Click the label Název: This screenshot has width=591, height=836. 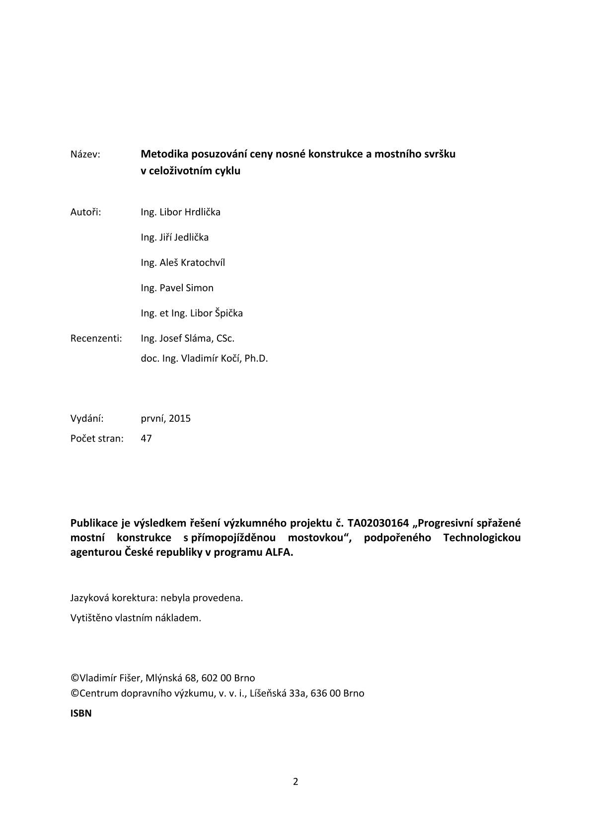pos(85,154)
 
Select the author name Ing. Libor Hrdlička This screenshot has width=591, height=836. pos(180,212)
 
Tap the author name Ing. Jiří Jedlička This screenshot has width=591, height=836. pos(174,237)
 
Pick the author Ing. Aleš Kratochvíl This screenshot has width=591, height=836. pos(182,263)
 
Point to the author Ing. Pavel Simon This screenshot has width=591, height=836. pos(177,288)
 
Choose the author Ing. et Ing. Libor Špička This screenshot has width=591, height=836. pos(192,313)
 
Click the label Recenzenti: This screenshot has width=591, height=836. pos(96,339)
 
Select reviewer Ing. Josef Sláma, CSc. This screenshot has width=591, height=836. pos(187,339)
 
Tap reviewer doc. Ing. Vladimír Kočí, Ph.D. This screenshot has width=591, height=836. pos(204,359)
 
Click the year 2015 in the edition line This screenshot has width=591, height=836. pos(179,418)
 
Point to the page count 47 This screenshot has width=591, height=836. pos(146,439)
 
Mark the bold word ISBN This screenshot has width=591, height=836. pos(81,714)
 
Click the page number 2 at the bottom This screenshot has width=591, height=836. pos(295,782)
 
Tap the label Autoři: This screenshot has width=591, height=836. pos(85,212)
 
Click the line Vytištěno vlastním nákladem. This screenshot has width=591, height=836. pos(136,618)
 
